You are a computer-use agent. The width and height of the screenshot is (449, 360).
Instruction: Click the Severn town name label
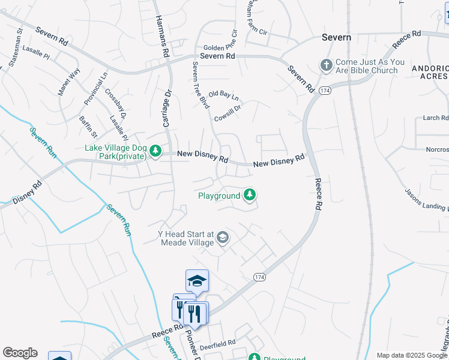tap(336, 37)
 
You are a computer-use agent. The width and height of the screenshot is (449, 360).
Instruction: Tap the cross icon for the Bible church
tap(326, 65)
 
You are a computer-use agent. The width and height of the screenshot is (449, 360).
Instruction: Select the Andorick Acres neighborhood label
tap(429, 72)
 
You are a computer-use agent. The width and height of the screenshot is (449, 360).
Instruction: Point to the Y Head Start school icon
tap(223, 238)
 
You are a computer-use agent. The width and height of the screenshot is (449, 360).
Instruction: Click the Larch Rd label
tap(435, 118)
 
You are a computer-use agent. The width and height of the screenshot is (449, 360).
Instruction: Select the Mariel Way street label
tap(68, 82)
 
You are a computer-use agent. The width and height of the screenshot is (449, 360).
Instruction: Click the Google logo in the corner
tap(20, 353)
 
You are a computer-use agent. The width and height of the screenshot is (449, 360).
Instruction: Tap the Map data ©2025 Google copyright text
tap(412, 355)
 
